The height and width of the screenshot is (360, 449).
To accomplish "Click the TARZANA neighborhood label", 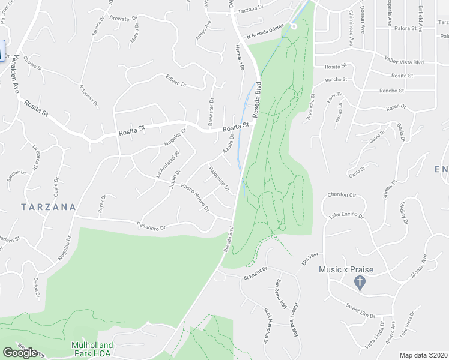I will click(x=48, y=207).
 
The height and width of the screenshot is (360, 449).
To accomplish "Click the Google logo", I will click(x=20, y=353).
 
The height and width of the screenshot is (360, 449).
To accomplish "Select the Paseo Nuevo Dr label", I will click(x=196, y=197).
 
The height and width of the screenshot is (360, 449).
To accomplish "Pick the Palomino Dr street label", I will click(x=219, y=178).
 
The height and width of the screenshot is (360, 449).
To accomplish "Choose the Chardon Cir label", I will click(x=342, y=195).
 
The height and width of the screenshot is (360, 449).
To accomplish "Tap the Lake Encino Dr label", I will click(x=347, y=215).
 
